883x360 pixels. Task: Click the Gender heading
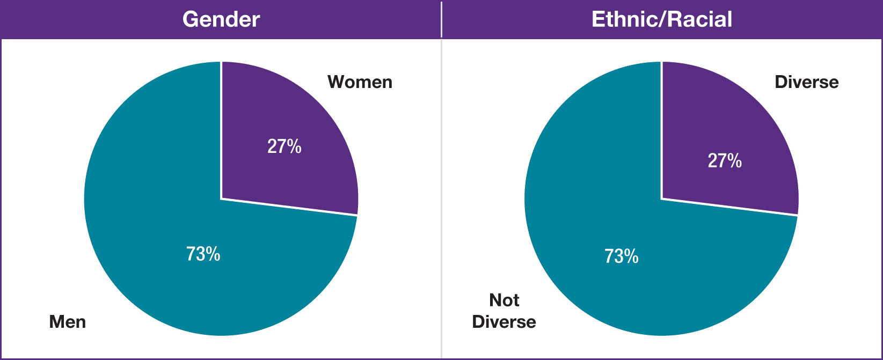pyautogui.click(x=221, y=19)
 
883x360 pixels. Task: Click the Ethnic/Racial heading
pyautogui.click(x=662, y=19)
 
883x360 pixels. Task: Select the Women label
pyautogui.click(x=360, y=82)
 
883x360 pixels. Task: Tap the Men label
pyautogui.click(x=68, y=322)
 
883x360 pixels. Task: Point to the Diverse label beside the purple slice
pyautogui.click(x=806, y=82)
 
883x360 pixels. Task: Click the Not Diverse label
pyautogui.click(x=504, y=311)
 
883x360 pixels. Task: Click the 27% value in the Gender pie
pyautogui.click(x=284, y=146)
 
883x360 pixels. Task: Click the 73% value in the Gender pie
pyautogui.click(x=203, y=254)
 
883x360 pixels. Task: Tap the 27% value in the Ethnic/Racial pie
pyautogui.click(x=725, y=160)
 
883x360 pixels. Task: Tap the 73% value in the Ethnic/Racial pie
pyautogui.click(x=621, y=256)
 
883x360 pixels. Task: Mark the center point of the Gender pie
pyautogui.click(x=221, y=199)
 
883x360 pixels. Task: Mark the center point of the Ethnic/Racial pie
pyautogui.click(x=661, y=199)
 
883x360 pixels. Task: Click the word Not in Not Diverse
pyautogui.click(x=504, y=300)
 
